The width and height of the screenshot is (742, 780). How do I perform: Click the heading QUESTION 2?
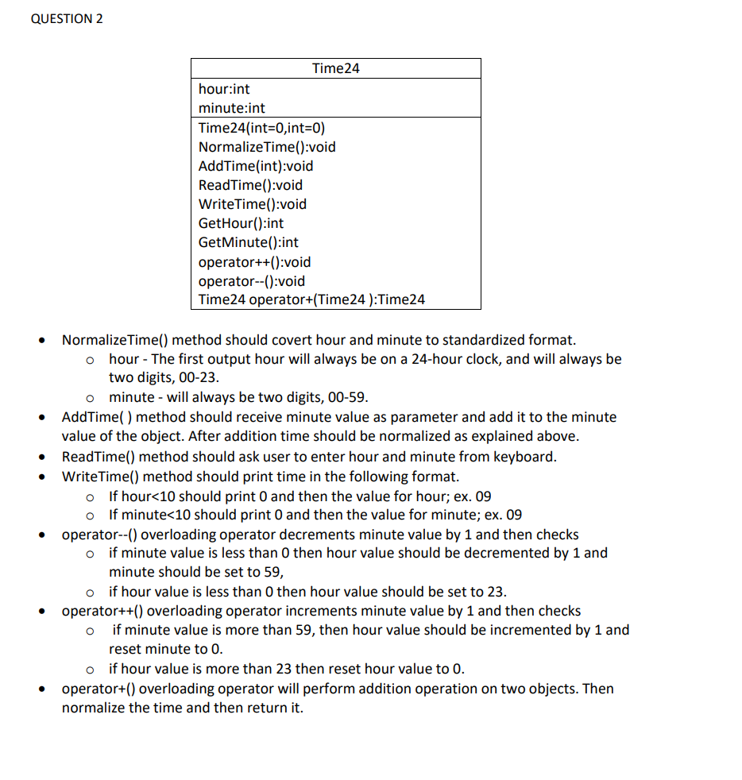(x=67, y=19)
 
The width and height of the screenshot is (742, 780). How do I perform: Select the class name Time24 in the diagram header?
(x=335, y=68)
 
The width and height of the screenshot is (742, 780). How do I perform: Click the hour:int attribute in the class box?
(x=224, y=89)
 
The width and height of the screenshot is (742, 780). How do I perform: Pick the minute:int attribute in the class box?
(x=232, y=108)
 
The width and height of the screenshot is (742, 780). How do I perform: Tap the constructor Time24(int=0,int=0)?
(x=261, y=128)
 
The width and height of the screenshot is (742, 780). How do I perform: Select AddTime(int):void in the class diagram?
(x=256, y=166)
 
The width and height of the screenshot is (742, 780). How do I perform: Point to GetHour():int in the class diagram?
(x=241, y=223)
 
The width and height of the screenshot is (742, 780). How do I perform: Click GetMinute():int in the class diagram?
(x=249, y=242)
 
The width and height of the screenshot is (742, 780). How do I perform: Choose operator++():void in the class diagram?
(x=254, y=262)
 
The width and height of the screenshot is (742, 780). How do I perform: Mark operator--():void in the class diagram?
(x=251, y=281)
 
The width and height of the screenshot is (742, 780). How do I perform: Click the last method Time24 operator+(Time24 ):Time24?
(x=311, y=299)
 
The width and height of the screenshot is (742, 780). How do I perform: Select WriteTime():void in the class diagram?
(x=252, y=204)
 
